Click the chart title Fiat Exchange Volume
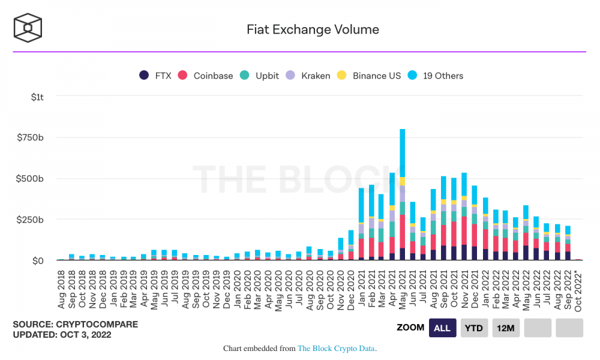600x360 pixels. [313, 29]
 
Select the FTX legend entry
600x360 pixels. [155, 76]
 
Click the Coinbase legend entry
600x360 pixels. [205, 76]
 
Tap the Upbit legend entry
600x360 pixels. [259, 76]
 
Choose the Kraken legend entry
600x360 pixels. [308, 76]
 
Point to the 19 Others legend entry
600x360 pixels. [436, 76]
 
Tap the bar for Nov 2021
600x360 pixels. [464, 216]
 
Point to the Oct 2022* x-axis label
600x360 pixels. [577, 290]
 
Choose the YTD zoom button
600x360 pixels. [473, 328]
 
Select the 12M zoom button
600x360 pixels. [505, 328]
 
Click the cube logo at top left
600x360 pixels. [27, 28]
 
